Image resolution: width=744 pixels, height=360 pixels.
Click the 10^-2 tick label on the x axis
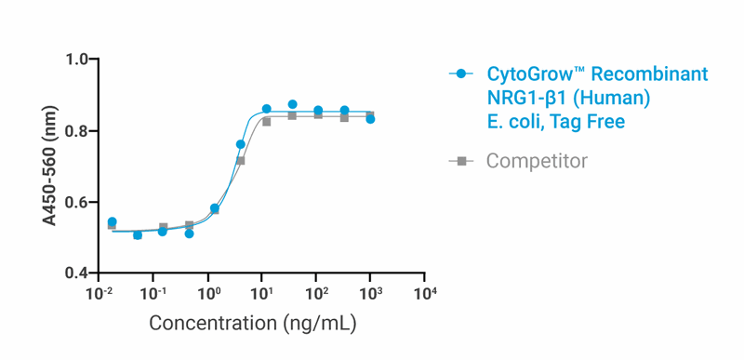pos(99,295)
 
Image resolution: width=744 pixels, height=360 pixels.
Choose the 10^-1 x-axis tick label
pos(153,295)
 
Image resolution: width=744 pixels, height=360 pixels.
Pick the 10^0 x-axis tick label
pos(208,295)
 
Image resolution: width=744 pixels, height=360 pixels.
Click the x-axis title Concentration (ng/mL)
pos(253,325)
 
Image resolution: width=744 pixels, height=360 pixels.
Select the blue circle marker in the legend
pos(461,74)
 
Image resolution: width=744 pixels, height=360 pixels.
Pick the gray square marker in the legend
pos(461,161)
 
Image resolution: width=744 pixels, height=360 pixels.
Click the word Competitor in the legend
pos(537,161)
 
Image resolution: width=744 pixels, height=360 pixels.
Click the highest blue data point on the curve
pos(292,105)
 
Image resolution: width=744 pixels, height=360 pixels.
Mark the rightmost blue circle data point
pos(370,119)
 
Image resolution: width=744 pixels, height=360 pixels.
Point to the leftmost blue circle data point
pos(112,222)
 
